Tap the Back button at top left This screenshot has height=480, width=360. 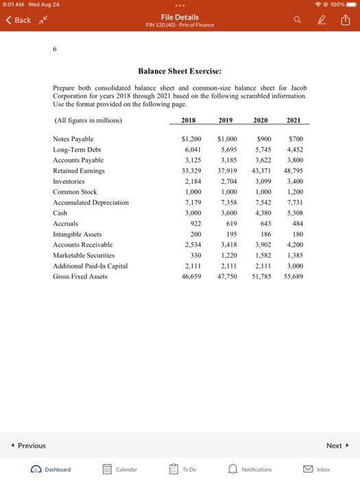coord(19,20)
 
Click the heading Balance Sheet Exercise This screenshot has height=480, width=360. coord(180,71)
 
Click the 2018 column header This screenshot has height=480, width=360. coord(188,120)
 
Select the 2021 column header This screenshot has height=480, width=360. coord(293,120)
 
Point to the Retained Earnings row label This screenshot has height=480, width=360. coord(79,171)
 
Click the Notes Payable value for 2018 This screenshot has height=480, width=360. coord(190,139)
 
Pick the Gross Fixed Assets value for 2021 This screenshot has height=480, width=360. coord(293,276)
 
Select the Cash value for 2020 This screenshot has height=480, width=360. coord(263,213)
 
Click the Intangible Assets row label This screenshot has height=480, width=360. coord(77,235)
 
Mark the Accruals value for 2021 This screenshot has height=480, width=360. coord(296,224)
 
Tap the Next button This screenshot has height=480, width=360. coord(337,446)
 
